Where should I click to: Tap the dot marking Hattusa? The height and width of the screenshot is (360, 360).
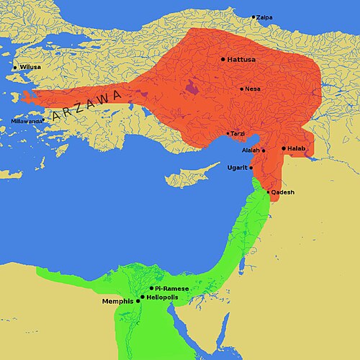click(223, 59)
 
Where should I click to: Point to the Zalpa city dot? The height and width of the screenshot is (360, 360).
click(253, 17)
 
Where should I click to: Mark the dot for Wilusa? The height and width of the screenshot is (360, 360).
click(15, 68)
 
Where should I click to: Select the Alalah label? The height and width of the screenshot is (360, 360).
click(251, 150)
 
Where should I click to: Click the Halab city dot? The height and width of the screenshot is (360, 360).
click(284, 148)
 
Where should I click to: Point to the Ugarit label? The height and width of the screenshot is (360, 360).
click(237, 168)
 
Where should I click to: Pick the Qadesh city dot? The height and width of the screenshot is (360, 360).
click(269, 192)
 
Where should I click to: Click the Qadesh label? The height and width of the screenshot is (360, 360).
click(283, 192)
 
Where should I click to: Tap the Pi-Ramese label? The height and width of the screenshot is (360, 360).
click(171, 288)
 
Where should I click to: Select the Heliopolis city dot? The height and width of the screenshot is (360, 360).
click(143, 297)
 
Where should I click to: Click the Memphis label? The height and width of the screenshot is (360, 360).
click(118, 301)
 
